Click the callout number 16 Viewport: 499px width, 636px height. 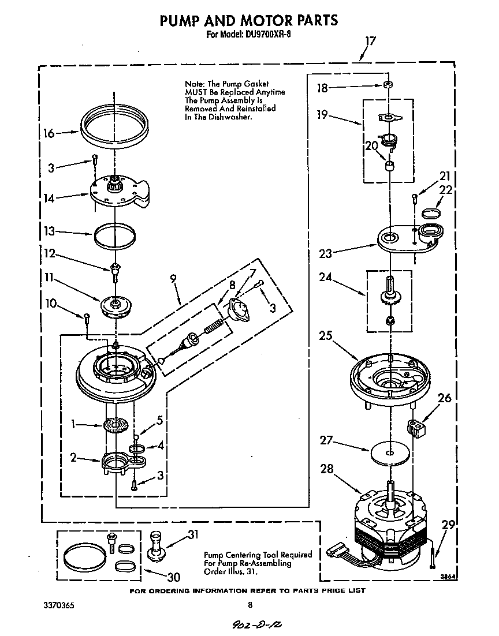pyautogui.click(x=49, y=133)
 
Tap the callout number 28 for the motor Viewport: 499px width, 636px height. pyautogui.click(x=327, y=469)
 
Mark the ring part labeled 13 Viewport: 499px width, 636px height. pyautogui.click(x=116, y=235)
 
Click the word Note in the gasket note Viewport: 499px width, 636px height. pyautogui.click(x=195, y=84)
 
